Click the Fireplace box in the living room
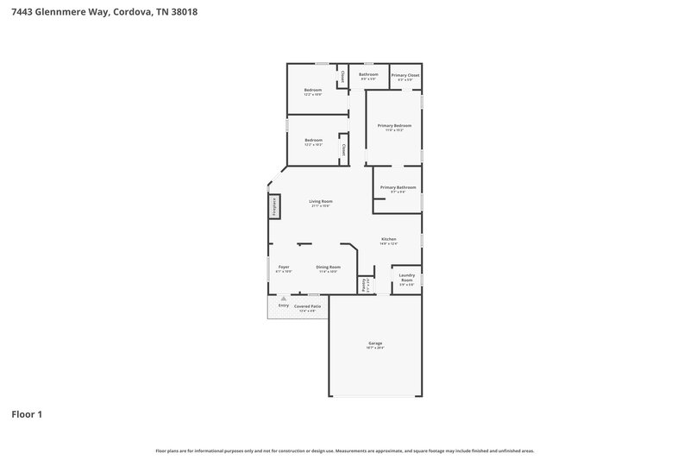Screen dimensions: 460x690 click(x=274, y=206)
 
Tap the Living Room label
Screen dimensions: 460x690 click(x=321, y=202)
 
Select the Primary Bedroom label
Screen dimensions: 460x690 click(x=394, y=126)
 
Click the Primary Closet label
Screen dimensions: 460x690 click(x=405, y=76)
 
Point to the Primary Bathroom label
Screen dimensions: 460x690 click(x=398, y=188)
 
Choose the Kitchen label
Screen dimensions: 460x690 click(x=389, y=239)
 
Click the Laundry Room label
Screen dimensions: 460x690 click(x=406, y=280)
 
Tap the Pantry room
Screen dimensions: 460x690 click(x=365, y=284)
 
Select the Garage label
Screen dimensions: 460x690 click(x=375, y=343)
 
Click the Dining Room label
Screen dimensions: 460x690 click(x=328, y=268)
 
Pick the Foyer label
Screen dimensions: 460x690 click(x=284, y=268)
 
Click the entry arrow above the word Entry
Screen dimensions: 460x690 click(x=283, y=299)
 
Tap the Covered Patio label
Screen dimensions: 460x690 click(x=307, y=306)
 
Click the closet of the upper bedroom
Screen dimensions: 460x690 click(x=342, y=78)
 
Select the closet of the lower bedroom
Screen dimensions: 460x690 click(x=342, y=149)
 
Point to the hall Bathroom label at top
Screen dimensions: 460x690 click(x=368, y=74)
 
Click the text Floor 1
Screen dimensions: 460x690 click(x=27, y=415)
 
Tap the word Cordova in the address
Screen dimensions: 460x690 click(x=133, y=12)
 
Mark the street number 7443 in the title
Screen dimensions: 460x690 click(x=22, y=12)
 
